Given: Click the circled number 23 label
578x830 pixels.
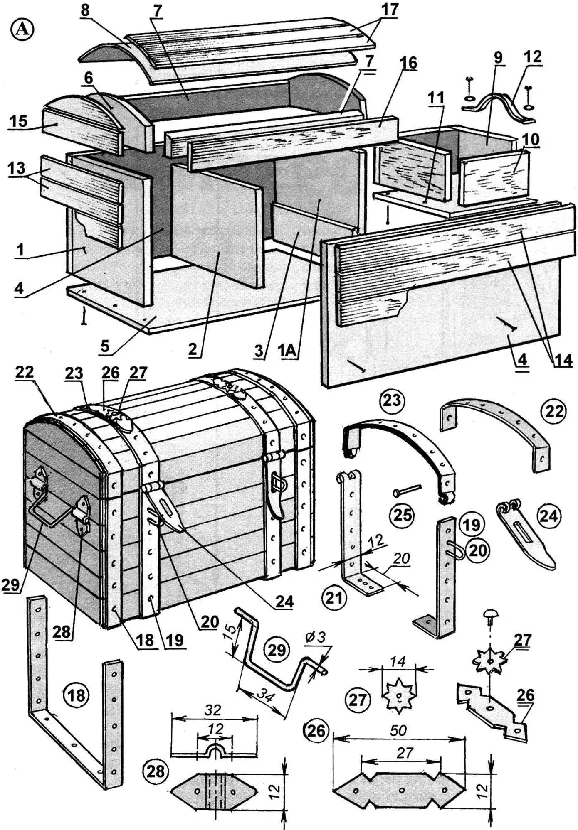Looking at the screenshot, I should click(392, 400).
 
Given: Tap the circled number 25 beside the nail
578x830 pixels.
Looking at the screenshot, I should click(403, 515).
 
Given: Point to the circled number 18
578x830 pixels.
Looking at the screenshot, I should click(76, 694).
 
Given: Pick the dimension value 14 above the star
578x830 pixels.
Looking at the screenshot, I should click(398, 661).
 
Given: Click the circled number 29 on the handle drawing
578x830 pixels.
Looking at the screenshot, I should click(276, 650).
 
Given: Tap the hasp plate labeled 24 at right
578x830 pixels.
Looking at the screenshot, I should click(525, 536).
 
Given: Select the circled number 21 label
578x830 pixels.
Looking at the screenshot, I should click(334, 598).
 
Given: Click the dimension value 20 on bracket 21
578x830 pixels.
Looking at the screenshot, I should click(401, 559).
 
